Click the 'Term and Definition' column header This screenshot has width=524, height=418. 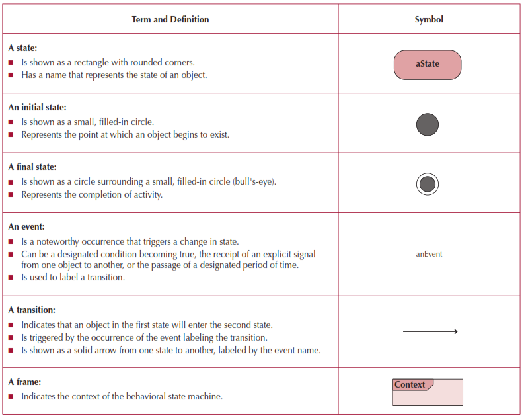170,19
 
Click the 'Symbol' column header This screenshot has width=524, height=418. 429,19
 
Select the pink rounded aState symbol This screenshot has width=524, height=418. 428,65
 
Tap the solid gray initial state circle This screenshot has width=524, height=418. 428,124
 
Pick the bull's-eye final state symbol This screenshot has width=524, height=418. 428,184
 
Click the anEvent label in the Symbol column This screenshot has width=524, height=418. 429,254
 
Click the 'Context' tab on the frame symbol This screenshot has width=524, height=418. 410,384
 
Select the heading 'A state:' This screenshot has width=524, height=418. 23,48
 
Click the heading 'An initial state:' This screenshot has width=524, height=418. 37,107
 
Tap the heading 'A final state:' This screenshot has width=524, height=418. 32,167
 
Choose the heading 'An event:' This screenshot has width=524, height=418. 26,226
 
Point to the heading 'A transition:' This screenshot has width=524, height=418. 32,310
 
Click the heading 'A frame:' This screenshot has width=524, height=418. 24,382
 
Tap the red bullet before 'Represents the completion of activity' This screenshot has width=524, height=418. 11,195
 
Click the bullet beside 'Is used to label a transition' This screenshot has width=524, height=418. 11,278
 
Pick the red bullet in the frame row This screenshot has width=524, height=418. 11,397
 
